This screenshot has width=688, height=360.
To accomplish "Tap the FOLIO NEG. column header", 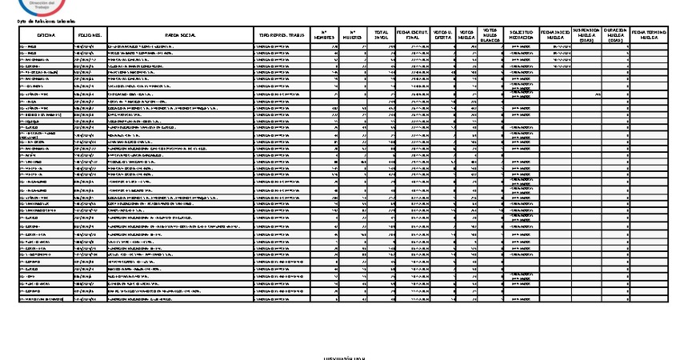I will [x=90, y=35].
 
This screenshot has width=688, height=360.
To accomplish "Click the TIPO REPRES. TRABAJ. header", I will [x=281, y=35].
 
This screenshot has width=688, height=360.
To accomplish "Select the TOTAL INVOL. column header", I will [x=381, y=35].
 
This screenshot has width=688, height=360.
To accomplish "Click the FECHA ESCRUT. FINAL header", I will [x=411, y=35].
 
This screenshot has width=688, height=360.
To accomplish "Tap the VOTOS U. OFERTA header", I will [x=442, y=35].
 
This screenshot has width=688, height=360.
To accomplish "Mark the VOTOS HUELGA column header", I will [x=467, y=35].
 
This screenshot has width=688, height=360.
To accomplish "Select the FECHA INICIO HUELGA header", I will [x=557, y=35].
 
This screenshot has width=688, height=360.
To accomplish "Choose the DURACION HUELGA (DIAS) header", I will [x=615, y=35].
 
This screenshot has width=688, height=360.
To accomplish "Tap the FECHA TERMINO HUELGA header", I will [x=647, y=35].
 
